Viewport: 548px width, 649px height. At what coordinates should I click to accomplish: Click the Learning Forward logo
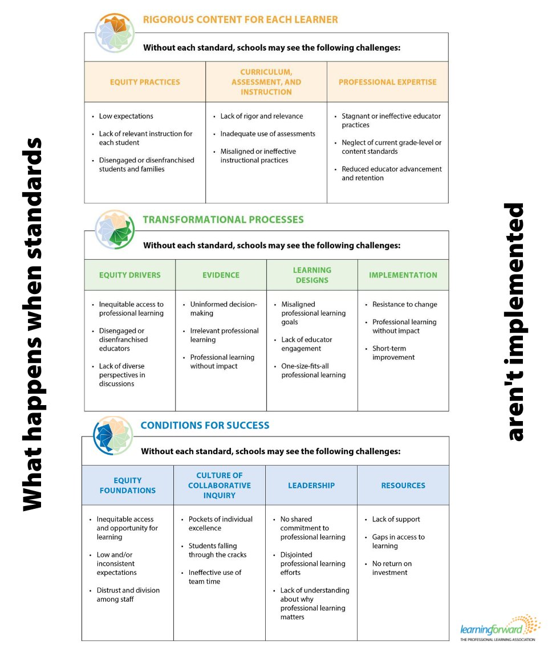click(x=500, y=628)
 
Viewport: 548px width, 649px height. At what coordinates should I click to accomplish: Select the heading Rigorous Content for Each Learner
click(x=240, y=20)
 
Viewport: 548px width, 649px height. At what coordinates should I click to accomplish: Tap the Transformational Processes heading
click(x=223, y=219)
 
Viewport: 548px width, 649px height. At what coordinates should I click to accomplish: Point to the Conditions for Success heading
click(x=205, y=425)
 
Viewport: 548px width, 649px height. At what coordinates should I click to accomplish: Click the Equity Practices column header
click(x=145, y=82)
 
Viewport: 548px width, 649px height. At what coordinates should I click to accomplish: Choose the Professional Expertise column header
click(x=387, y=82)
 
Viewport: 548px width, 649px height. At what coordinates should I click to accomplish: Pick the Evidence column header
click(x=221, y=275)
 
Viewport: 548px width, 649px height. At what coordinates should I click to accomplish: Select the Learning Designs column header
click(x=312, y=275)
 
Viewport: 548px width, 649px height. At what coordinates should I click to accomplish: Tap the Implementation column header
click(x=403, y=275)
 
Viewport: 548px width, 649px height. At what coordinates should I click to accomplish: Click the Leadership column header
click(x=311, y=485)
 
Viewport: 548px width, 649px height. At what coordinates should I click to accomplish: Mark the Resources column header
click(x=403, y=485)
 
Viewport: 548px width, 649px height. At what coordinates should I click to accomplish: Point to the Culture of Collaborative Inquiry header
click(x=219, y=485)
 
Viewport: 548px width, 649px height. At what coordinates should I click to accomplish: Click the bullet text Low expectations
click(x=126, y=116)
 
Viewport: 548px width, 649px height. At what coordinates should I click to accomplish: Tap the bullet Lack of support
click(x=396, y=519)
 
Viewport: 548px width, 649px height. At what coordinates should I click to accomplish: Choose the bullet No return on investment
click(x=392, y=568)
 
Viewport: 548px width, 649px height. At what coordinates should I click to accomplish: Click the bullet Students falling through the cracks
click(x=217, y=550)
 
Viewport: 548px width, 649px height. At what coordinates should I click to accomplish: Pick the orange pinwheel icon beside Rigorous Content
click(x=114, y=32)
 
